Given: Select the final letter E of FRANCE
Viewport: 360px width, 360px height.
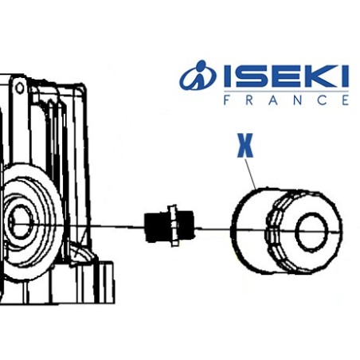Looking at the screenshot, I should (x=343, y=101).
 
